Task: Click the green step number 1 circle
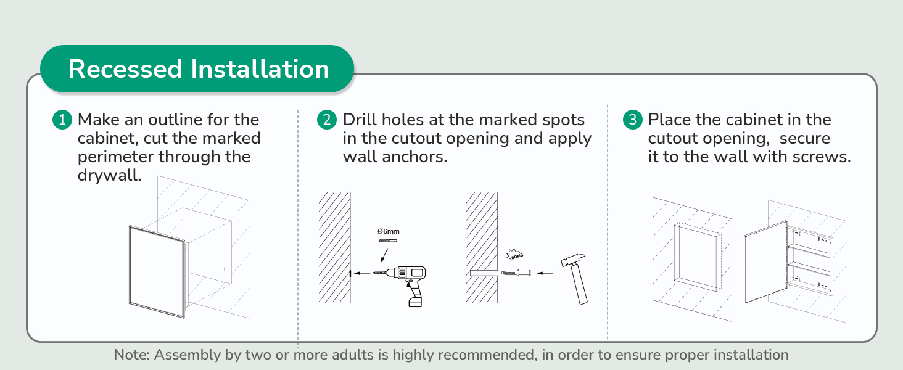(62, 120)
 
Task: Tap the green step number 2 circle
(327, 120)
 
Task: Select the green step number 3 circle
(632, 120)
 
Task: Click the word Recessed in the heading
(125, 69)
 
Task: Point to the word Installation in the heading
(260, 69)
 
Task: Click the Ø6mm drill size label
(388, 231)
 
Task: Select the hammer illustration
(575, 279)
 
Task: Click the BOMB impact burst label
(515, 255)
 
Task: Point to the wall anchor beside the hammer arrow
(516, 273)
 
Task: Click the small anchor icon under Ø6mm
(388, 240)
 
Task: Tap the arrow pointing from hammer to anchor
(545, 273)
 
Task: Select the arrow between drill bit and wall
(361, 273)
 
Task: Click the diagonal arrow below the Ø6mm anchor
(385, 255)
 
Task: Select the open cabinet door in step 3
(765, 262)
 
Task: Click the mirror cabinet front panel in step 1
(157, 272)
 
